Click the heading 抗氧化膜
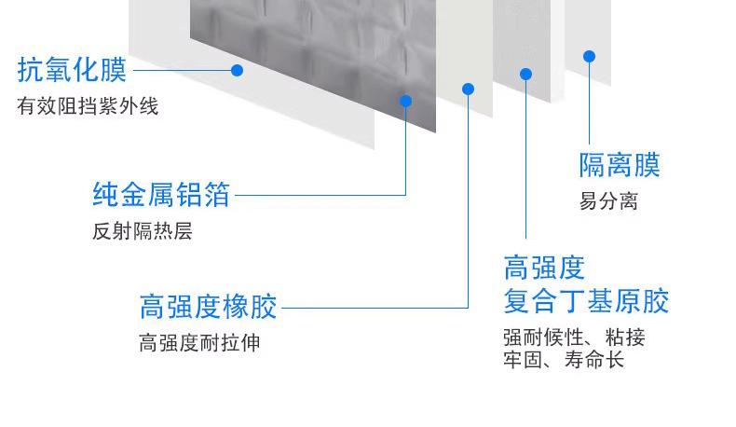(72, 70)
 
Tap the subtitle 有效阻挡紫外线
(88, 106)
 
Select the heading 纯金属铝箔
(161, 195)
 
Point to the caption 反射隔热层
(142, 231)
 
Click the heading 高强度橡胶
(208, 307)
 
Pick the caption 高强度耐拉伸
(199, 343)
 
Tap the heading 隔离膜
(620, 166)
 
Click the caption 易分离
(608, 201)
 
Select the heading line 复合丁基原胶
(586, 301)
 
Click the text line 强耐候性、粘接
(574, 337)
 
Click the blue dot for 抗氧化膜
(238, 70)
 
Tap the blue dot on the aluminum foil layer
(406, 101)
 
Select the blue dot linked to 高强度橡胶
(469, 90)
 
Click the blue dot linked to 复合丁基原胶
(526, 74)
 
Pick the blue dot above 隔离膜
(590, 56)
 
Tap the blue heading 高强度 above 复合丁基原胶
(544, 268)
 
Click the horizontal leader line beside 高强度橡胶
(373, 307)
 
